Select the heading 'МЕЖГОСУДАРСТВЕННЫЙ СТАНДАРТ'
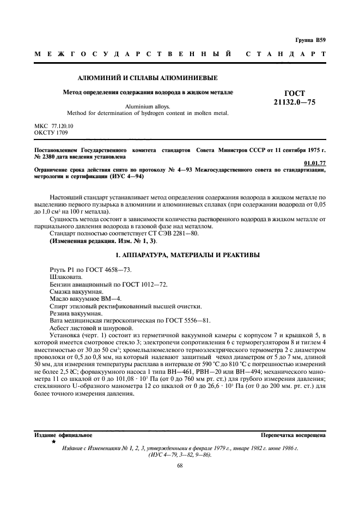point(180,54)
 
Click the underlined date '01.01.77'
point(315,162)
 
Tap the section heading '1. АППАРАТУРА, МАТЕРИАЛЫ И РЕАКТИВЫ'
point(180,255)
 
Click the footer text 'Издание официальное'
point(63,435)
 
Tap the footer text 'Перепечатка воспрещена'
point(294,435)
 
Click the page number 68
point(180,465)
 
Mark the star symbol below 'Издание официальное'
point(54,442)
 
